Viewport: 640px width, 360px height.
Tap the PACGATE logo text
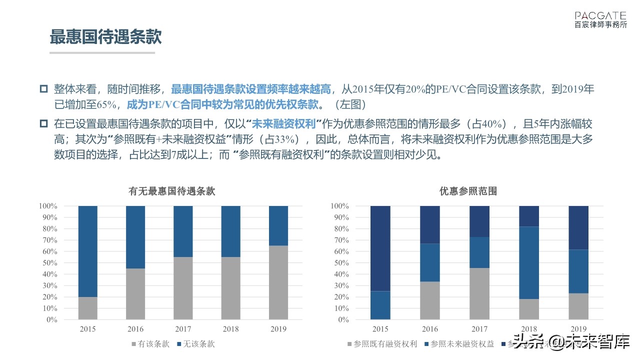coord(600,16)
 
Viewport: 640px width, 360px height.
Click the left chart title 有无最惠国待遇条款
coord(172,191)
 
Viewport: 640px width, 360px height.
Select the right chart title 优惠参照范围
coord(468,191)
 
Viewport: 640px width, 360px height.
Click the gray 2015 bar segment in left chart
coord(87,308)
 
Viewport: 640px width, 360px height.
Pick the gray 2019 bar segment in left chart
coord(278,282)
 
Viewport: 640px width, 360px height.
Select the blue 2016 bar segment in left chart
coord(135,237)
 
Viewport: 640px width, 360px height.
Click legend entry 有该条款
coord(150,344)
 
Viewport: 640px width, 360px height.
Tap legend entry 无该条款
coord(195,344)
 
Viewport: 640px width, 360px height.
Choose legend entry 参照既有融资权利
coord(381,344)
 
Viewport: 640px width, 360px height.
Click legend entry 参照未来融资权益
coord(458,344)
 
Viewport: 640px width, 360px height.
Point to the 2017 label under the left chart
coord(183,329)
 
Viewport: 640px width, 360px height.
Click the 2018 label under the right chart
coord(529,329)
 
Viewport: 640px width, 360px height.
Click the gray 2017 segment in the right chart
coord(479,293)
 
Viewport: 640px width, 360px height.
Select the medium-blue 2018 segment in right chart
coord(529,262)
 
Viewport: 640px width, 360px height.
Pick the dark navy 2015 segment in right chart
coord(380,248)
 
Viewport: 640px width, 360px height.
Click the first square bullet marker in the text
coord(43,89)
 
